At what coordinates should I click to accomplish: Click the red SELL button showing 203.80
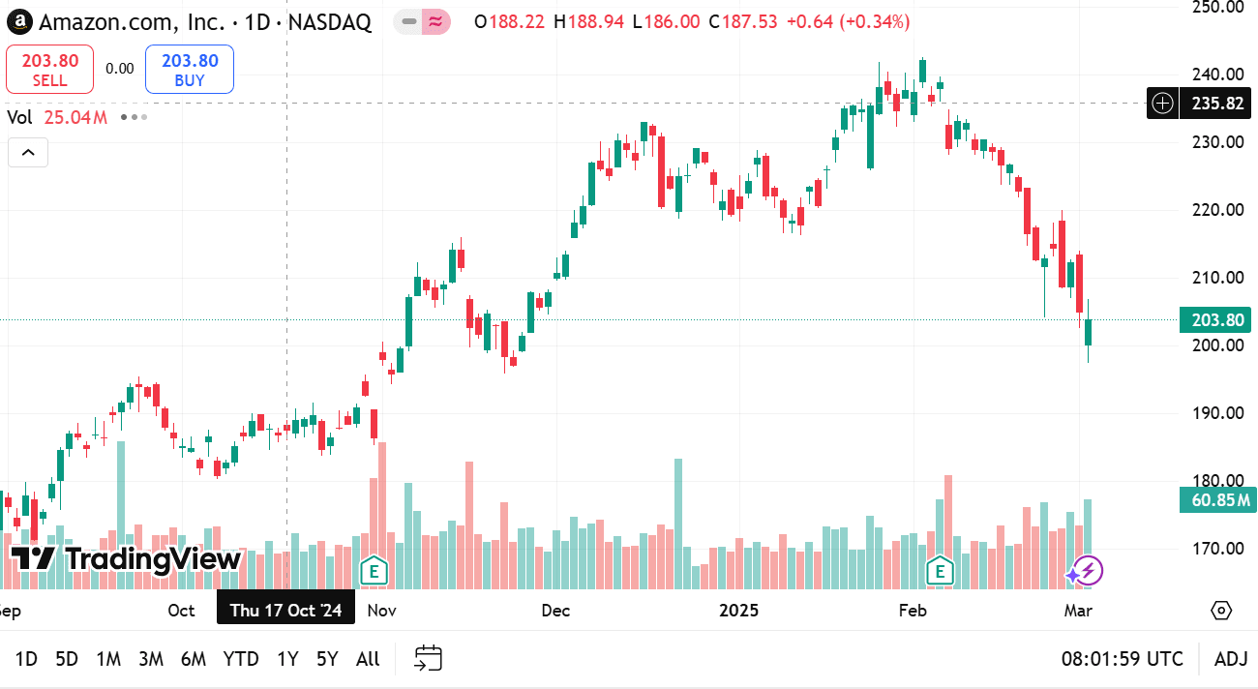[49, 70]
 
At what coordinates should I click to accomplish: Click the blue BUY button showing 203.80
[190, 70]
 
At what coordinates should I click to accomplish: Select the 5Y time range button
[327, 659]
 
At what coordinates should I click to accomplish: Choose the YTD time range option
[241, 659]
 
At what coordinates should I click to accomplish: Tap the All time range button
[368, 659]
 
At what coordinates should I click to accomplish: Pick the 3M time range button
[150, 659]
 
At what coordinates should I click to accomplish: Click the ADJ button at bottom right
[1231, 659]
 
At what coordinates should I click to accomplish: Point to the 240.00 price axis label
[1217, 75]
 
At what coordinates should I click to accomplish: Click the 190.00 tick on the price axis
[1217, 413]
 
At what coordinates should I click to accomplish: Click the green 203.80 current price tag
[1214, 320]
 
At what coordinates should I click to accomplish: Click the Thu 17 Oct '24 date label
[285, 610]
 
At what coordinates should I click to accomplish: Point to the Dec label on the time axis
[556, 611]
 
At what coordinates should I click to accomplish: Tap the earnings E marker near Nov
[374, 571]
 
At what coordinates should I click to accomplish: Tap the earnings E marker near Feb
[940, 571]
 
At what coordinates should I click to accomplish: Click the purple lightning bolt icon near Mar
[1087, 571]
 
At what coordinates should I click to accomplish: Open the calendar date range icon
[429, 659]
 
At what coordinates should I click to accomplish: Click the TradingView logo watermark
[126, 558]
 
